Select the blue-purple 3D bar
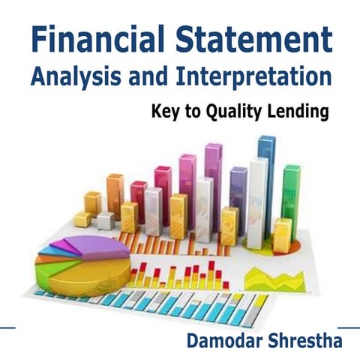pyautogui.click(x=238, y=199)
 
